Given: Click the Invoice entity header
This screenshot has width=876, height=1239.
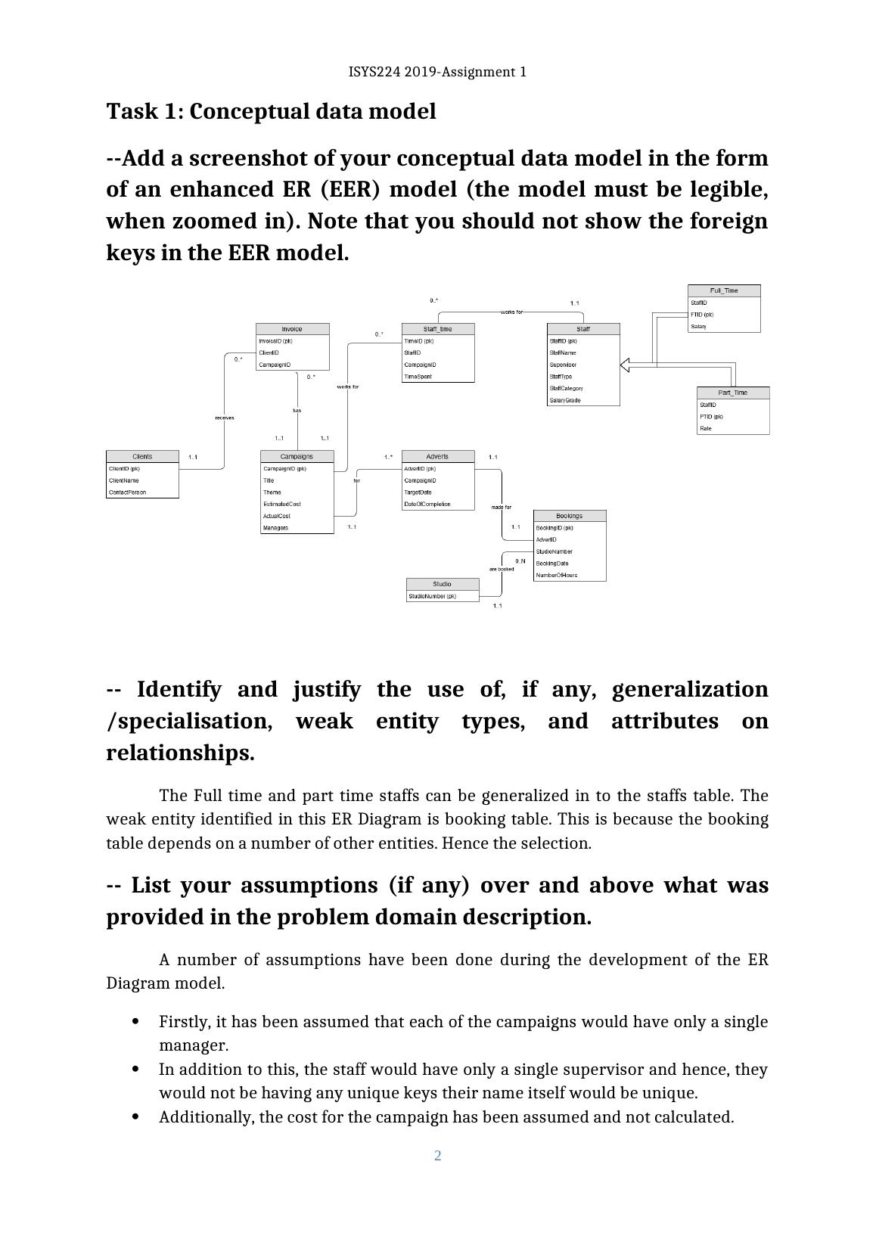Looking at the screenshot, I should click(292, 329).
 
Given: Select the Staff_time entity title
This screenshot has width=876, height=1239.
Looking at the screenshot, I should click(437, 329).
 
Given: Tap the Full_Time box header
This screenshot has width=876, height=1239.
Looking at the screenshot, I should click(723, 290).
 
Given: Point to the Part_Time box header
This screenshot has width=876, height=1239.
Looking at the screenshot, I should click(732, 393).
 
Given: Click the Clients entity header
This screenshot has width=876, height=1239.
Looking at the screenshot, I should click(142, 456).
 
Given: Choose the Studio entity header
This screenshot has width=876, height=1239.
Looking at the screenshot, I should click(442, 584).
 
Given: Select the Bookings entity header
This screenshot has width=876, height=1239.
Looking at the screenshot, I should click(569, 516).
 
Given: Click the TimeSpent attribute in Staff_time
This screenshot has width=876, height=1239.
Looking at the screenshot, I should click(418, 377).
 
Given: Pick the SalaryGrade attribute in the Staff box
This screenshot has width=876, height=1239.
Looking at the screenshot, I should click(565, 400).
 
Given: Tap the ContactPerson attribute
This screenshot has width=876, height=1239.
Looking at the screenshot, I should click(127, 492).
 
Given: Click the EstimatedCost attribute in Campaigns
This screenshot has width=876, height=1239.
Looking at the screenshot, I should click(282, 504).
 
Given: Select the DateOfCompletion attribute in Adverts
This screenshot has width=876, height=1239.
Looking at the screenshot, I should click(427, 504).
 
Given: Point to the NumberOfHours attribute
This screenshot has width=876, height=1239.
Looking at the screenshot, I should click(557, 575).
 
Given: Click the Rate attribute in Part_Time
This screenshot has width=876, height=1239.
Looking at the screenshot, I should click(706, 428).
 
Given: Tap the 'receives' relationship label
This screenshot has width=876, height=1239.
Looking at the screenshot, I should click(225, 418).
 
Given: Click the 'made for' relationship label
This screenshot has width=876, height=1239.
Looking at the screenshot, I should click(501, 507).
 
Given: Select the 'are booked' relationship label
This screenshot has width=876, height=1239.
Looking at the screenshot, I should click(501, 569).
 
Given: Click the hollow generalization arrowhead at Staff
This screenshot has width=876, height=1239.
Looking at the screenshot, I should click(625, 365).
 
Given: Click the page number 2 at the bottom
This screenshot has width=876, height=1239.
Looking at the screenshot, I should click(437, 1155).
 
